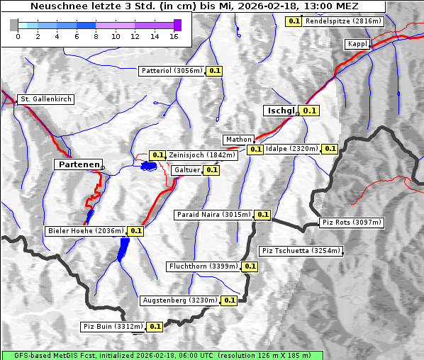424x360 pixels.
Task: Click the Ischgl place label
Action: coord(281,111)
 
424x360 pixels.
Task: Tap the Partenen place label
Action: coord(78,164)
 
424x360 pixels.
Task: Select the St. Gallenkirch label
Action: coord(46,99)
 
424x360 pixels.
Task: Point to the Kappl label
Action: coord(357,44)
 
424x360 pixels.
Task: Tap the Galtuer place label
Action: coord(186,170)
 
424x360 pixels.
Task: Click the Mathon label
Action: coord(238,140)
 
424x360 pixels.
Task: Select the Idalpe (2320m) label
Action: coord(291,149)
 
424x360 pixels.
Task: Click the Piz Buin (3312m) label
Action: coord(113,327)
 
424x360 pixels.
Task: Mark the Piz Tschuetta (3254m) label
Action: coord(301,251)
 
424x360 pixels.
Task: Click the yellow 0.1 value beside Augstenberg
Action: coord(229,300)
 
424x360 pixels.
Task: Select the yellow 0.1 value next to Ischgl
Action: coord(310,111)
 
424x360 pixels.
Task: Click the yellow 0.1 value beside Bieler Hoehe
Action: coord(136,230)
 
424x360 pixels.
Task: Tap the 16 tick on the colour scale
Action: coord(174,35)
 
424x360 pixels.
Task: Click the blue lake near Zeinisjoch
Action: coord(148,166)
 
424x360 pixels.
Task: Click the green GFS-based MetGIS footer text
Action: coord(162,355)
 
